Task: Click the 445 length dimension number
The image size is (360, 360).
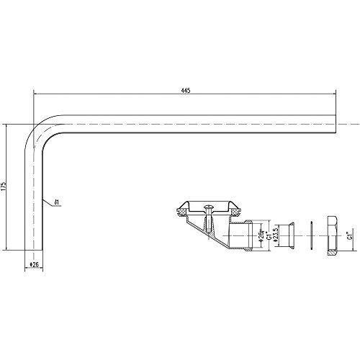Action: (186, 87)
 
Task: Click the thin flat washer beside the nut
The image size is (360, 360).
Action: (310, 235)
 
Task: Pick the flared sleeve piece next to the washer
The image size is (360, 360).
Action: (289, 235)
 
